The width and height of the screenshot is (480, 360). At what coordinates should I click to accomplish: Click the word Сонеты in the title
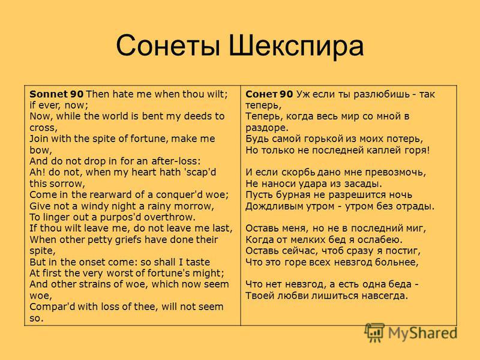coord(169,46)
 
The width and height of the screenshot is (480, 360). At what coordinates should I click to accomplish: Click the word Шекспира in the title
coord(296,46)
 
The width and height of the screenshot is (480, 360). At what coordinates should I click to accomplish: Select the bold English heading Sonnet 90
coord(56,94)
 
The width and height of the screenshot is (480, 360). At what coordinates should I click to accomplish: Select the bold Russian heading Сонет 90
coord(269,94)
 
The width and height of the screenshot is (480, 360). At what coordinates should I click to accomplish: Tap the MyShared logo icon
coord(374,332)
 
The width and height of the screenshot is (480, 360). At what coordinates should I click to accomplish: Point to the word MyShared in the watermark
coord(423,334)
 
